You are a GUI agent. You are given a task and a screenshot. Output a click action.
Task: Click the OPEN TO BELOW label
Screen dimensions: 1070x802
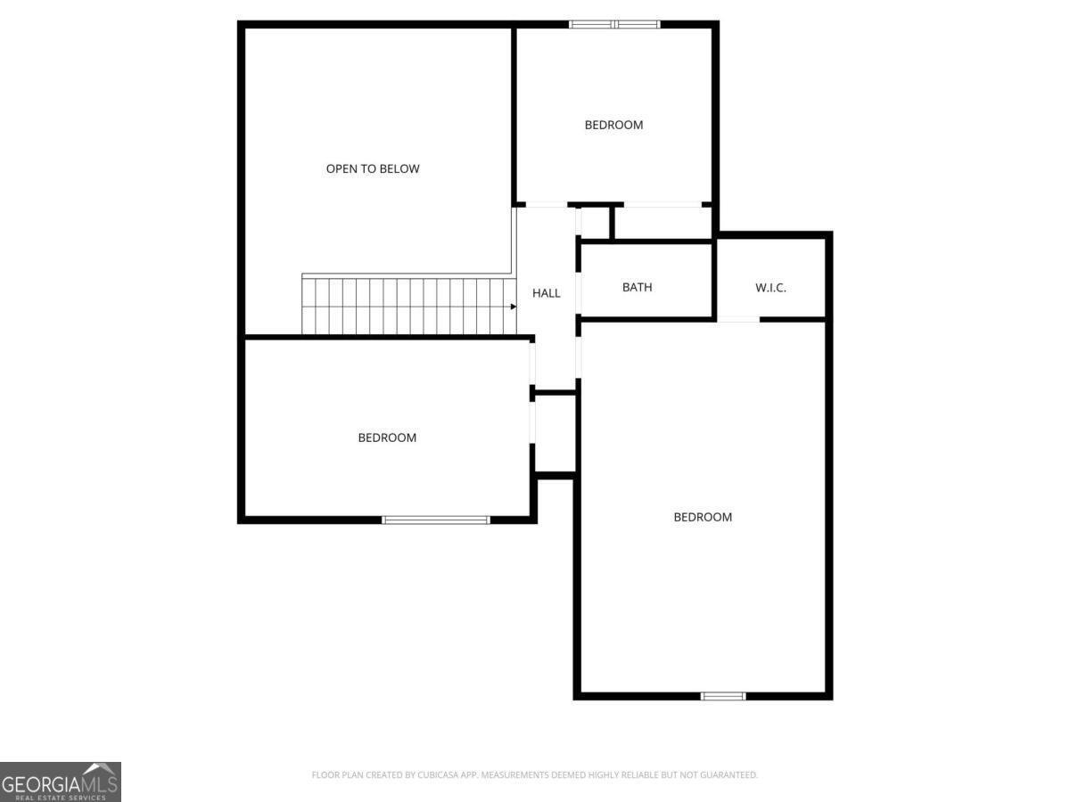pos(373,169)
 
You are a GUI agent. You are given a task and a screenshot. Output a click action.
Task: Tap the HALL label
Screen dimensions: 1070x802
pos(546,293)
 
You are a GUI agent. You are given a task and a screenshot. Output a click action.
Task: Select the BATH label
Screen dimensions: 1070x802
pos(638,287)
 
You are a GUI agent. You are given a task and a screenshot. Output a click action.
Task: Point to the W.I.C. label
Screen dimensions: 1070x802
pos(770,288)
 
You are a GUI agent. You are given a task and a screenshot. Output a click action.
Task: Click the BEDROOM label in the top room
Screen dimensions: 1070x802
pos(613,125)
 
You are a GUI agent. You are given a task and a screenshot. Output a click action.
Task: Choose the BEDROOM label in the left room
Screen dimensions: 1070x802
pos(387,438)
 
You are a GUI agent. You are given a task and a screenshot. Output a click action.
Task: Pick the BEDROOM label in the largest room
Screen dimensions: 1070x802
pos(703,517)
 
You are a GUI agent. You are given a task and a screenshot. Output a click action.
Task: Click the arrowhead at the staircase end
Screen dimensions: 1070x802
pos(514,307)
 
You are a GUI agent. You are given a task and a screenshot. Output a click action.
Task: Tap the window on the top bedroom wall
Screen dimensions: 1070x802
pos(614,24)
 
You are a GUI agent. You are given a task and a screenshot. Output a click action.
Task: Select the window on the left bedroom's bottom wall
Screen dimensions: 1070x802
pos(436,520)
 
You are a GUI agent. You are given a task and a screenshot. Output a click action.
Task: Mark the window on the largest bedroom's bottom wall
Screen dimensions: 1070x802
pos(723,696)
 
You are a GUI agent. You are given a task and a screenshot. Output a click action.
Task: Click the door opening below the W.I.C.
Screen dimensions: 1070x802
pos(738,319)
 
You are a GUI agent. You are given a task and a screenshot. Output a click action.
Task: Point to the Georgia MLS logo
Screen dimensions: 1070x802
pos(61,782)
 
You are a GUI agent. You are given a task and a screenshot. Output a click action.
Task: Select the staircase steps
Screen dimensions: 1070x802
pos(409,306)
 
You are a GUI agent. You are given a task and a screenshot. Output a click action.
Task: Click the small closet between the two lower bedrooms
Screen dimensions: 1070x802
pos(556,432)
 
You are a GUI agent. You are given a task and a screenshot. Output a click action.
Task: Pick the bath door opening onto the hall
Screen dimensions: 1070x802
pos(579,293)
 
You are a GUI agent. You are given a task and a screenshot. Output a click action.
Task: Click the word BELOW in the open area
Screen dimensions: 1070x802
pos(403,169)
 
